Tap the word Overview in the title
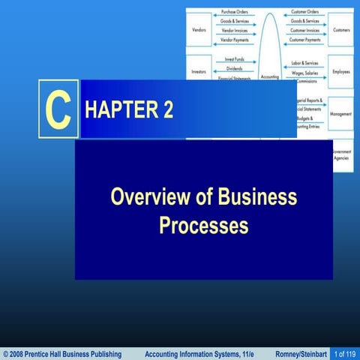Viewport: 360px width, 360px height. [149, 197]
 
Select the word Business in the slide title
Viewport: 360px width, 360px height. [256, 197]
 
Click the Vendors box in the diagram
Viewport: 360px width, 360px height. [199, 31]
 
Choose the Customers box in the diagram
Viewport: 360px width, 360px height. [340, 31]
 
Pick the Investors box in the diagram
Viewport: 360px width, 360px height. [199, 72]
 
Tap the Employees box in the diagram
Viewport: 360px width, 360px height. [340, 72]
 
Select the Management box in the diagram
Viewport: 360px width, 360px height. [340, 112]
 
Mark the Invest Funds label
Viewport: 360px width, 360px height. [235, 59]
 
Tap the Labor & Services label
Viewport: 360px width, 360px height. [304, 63]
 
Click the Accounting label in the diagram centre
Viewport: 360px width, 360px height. [270, 76]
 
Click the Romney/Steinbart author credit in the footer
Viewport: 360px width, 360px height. [301, 353]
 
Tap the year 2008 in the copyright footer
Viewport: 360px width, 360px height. [20, 353]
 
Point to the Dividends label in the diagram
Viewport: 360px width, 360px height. [234, 68]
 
